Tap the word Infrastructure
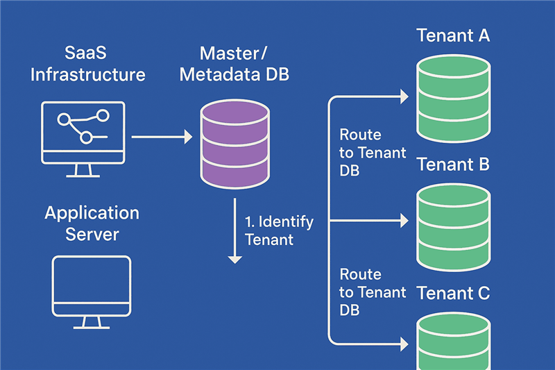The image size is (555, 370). tap(88, 74)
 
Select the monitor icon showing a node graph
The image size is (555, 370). tap(83, 132)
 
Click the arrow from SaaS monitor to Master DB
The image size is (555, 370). tap(162, 137)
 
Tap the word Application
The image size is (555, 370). tap(92, 212)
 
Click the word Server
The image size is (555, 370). tap(92, 234)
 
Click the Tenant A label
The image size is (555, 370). tap(453, 35)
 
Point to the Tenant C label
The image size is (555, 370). tap(453, 293)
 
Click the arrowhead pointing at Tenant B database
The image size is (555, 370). tap(403, 221)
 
